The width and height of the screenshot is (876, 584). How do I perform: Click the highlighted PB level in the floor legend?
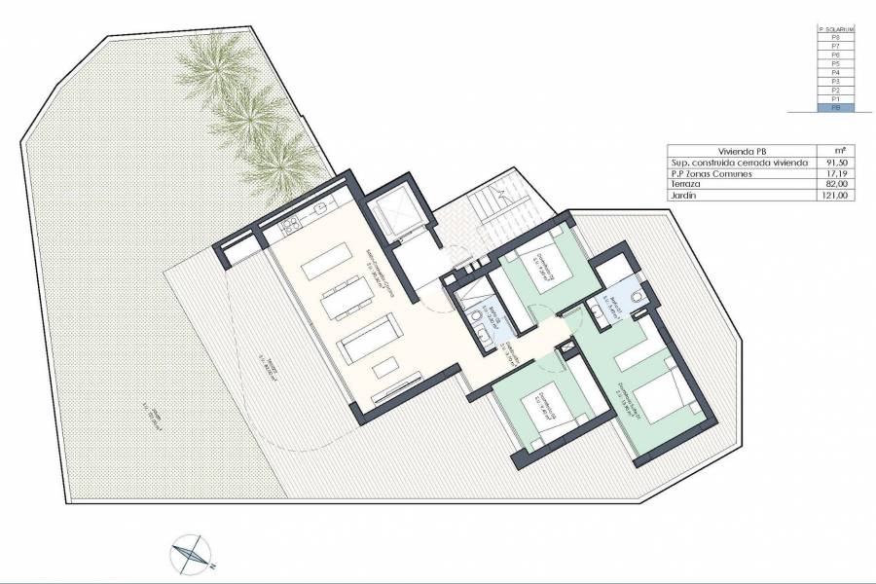click(x=835, y=108)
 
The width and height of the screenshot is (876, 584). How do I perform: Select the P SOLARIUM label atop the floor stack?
click(x=835, y=29)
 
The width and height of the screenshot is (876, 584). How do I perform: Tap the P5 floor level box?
click(x=835, y=64)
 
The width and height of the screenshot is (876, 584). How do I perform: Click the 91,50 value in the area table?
click(x=836, y=163)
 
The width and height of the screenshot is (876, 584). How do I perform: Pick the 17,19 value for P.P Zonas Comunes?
click(x=836, y=173)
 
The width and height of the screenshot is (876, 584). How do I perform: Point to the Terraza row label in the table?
click(x=685, y=184)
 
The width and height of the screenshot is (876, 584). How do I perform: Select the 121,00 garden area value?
click(x=836, y=195)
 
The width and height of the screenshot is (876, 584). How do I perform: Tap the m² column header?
click(x=836, y=151)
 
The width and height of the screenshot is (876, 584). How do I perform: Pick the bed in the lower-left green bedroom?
click(x=533, y=408)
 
